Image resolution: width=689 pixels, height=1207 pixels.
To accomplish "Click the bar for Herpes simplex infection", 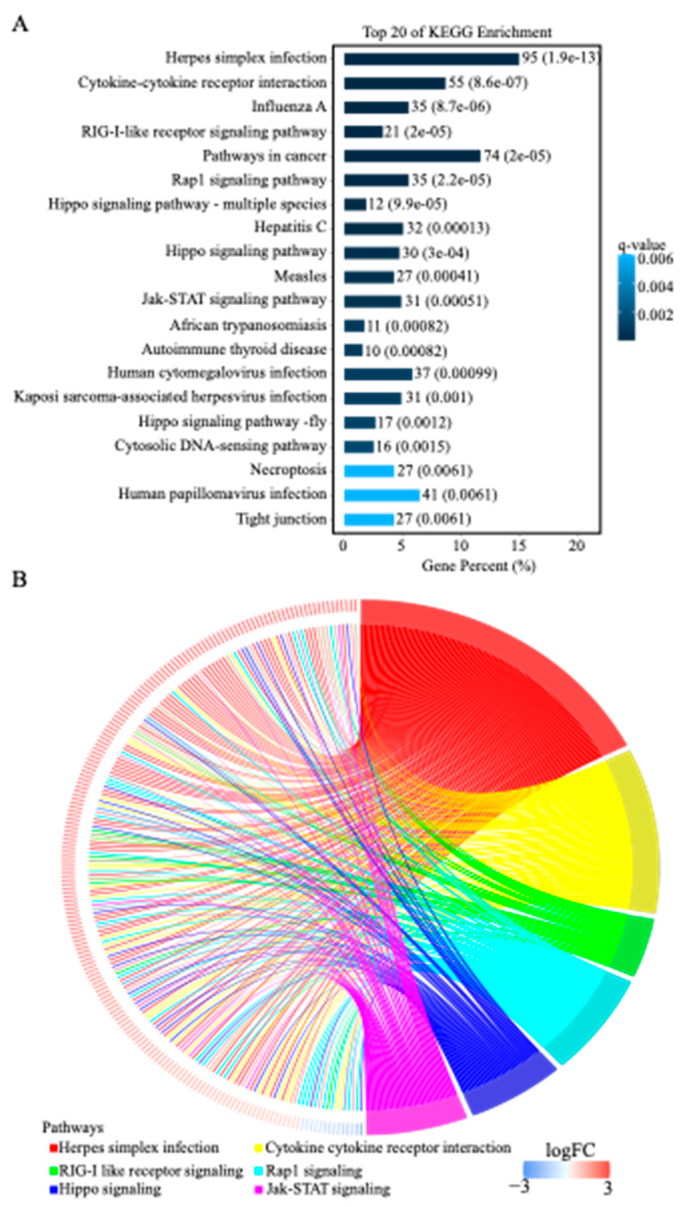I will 431,59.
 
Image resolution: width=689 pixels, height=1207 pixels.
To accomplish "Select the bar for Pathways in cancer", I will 412,156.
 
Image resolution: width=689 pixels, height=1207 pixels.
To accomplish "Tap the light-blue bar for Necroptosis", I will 369,471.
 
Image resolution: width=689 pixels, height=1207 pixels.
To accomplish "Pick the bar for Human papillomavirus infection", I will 381,495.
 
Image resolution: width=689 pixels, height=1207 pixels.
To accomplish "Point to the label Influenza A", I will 289,106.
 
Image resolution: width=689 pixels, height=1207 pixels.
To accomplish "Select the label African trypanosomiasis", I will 248,325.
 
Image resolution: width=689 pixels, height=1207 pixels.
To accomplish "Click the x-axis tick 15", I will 519,545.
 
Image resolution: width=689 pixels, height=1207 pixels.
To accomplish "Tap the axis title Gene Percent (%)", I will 478,565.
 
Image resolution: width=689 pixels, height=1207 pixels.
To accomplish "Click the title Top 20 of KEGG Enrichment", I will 457,32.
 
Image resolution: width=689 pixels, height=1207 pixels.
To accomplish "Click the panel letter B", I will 19,580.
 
